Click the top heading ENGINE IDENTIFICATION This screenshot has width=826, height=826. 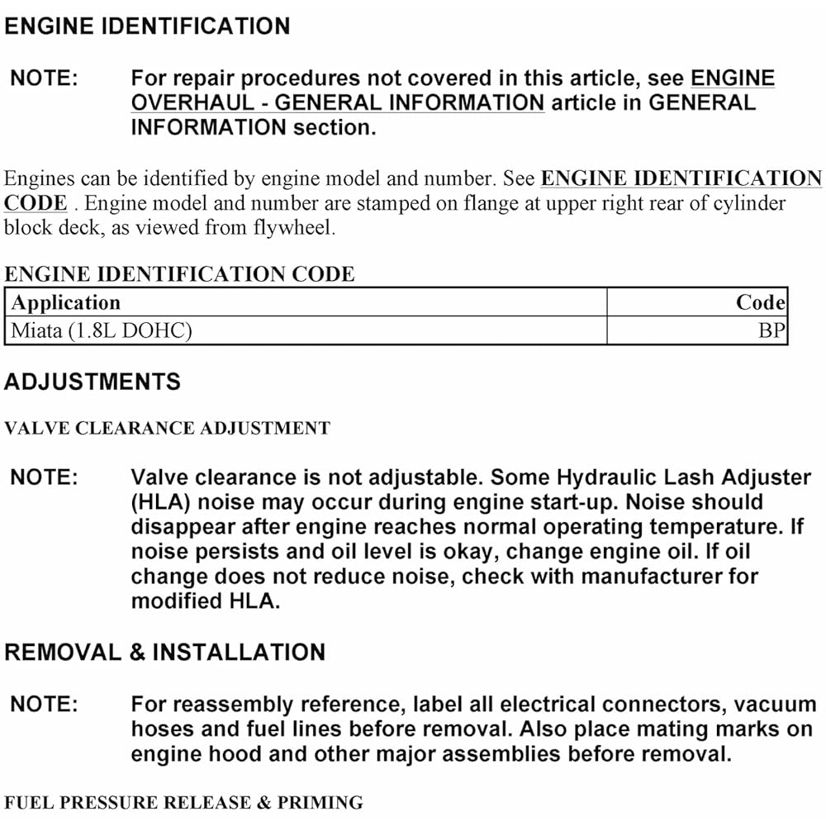click(147, 26)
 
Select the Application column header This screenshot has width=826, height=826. click(66, 302)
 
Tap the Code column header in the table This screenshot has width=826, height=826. click(760, 302)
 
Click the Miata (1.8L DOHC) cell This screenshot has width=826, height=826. click(101, 331)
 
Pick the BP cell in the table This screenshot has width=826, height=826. click(771, 331)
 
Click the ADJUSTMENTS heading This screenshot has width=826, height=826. click(93, 382)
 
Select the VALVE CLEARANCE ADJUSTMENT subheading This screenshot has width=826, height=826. click(167, 428)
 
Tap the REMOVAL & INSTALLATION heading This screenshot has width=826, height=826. click(164, 652)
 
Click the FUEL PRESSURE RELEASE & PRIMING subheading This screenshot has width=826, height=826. click(183, 802)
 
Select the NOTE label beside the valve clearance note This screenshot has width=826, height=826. click(44, 477)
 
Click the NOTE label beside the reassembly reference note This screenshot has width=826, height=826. click(44, 705)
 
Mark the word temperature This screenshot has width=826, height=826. click(722, 527)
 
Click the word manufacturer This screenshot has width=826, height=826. click(657, 577)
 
